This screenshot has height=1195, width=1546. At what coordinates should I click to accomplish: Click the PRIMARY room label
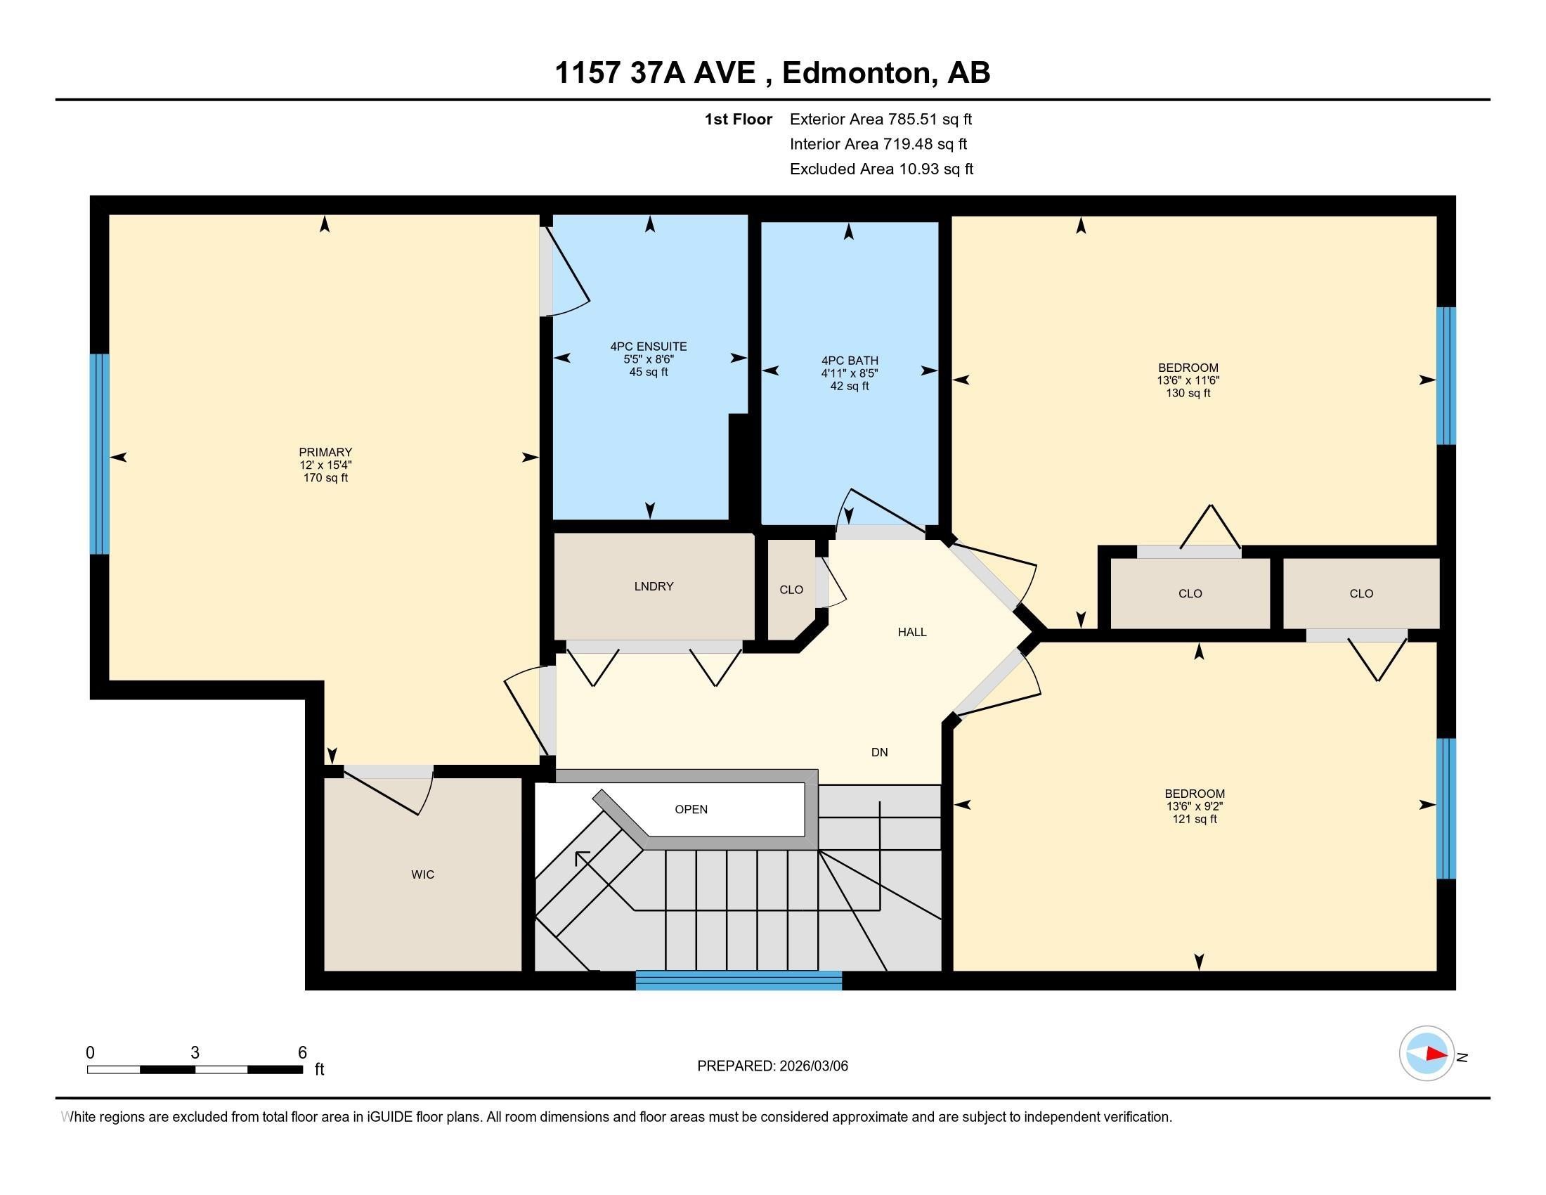click(x=325, y=453)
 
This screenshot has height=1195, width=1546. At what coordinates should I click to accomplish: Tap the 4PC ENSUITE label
click(x=649, y=347)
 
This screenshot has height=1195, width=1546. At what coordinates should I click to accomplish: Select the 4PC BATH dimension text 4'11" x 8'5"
click(x=850, y=373)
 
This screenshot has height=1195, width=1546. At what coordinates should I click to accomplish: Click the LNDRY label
click(x=654, y=586)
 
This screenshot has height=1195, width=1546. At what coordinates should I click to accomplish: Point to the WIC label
click(x=422, y=874)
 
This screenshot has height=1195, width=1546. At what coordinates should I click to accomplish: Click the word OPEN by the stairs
click(x=691, y=809)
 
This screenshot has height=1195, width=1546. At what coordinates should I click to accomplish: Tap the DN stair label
click(x=879, y=753)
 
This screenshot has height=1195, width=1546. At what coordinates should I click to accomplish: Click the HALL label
click(x=911, y=632)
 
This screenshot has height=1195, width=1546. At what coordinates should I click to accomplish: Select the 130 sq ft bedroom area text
click(x=1188, y=393)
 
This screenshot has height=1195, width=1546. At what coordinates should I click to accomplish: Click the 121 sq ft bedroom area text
click(x=1194, y=819)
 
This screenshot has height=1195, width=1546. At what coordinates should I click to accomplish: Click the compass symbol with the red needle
click(x=1427, y=1054)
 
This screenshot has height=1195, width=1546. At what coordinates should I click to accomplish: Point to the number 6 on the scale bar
click(x=302, y=1053)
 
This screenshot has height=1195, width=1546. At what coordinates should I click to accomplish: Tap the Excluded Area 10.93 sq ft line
click(x=881, y=169)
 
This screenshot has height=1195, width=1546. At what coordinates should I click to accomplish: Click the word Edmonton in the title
click(x=856, y=73)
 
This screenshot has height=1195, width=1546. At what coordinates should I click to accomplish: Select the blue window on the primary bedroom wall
click(x=100, y=453)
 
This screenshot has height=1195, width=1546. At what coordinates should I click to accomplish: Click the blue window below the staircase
click(x=739, y=981)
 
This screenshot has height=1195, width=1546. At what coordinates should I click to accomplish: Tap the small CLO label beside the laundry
click(x=791, y=590)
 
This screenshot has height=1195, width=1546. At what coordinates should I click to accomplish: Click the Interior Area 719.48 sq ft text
click(x=878, y=144)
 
